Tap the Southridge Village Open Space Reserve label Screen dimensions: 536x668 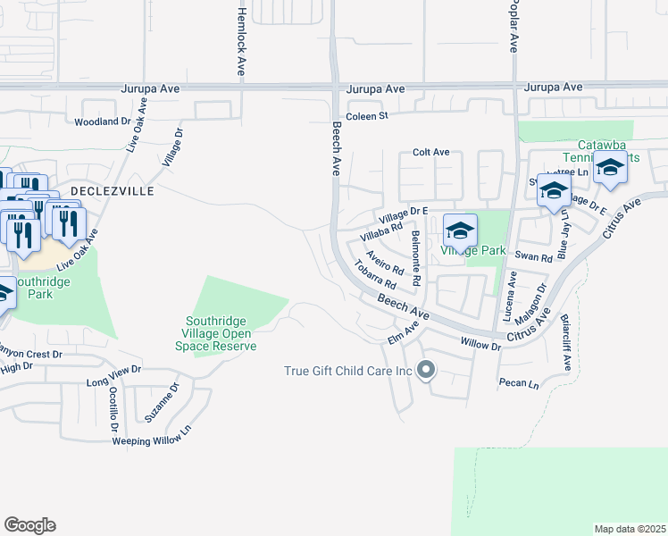[221, 334]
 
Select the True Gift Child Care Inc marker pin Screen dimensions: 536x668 [426, 370]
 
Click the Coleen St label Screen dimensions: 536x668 [368, 116]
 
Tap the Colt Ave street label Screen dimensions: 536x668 [430, 153]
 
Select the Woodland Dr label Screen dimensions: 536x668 [103, 121]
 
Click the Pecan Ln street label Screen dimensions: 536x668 [519, 384]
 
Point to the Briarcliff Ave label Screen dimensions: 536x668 [566, 342]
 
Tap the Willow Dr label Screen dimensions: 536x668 [480, 343]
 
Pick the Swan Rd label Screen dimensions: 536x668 [534, 256]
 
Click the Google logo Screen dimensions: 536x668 [29, 525]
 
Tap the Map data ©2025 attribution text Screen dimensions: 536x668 [630, 529]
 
